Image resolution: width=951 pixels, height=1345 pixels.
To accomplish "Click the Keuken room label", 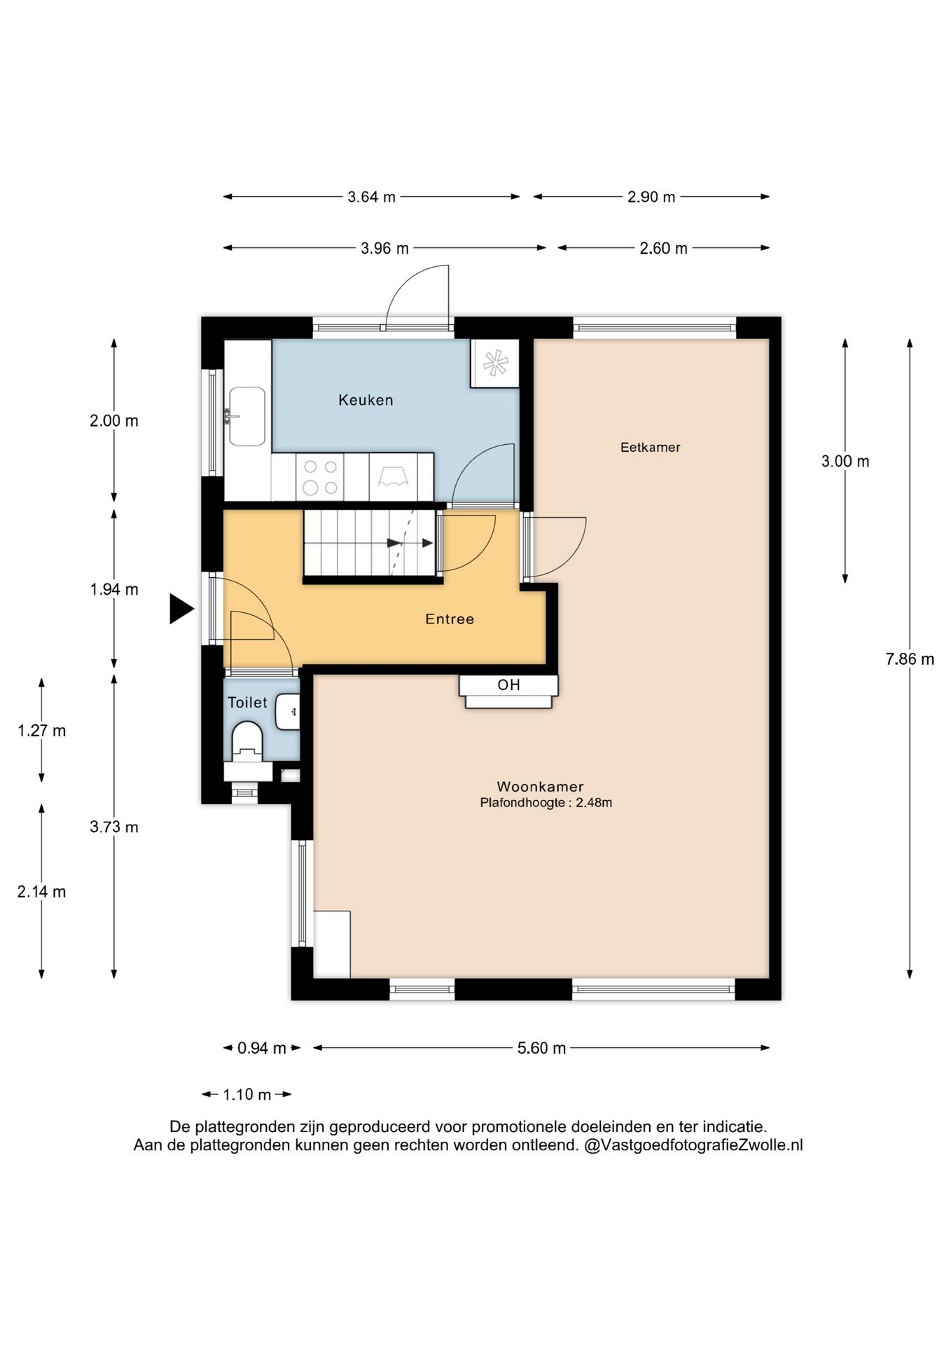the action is (366, 400).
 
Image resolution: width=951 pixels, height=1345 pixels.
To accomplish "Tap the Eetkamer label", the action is (650, 447).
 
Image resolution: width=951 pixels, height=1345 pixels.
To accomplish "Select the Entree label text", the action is (450, 619).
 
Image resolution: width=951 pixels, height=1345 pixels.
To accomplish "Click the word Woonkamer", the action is (540, 787).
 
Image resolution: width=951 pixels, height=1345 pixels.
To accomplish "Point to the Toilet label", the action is (247, 702).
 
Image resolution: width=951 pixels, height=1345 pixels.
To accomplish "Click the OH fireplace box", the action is (508, 691).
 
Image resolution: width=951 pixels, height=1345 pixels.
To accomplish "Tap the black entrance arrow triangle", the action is (181, 608).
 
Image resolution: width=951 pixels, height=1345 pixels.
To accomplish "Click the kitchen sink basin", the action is (247, 417).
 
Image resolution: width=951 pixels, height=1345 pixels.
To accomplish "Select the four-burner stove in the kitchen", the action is (320, 477).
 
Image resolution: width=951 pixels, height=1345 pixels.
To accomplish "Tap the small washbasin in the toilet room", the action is (288, 712).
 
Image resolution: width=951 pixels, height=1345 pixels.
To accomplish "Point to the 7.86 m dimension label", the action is (910, 658).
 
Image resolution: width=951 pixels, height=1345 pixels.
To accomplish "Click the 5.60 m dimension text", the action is (541, 1048).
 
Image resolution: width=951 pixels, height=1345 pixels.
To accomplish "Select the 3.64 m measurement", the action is (371, 197).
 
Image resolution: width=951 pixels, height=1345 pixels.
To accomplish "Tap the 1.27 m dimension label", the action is (41, 731).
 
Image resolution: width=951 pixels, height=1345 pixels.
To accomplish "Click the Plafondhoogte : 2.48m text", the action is (546, 803).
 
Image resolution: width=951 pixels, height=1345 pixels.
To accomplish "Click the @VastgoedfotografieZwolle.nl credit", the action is (693, 1145).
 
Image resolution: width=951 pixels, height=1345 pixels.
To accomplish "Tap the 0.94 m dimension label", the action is (262, 1048).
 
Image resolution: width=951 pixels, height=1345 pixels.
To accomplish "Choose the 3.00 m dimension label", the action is (845, 461).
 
